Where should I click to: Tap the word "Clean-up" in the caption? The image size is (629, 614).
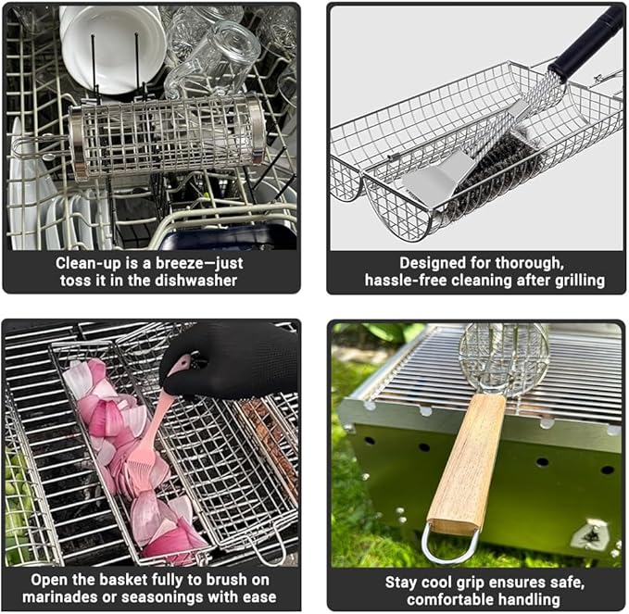(x=87, y=262)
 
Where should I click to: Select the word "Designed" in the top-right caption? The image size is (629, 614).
(x=433, y=262)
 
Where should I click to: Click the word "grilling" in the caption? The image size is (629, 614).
(x=576, y=280)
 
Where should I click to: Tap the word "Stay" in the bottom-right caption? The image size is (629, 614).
(x=402, y=582)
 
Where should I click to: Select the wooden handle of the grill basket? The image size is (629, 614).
(x=469, y=463)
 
